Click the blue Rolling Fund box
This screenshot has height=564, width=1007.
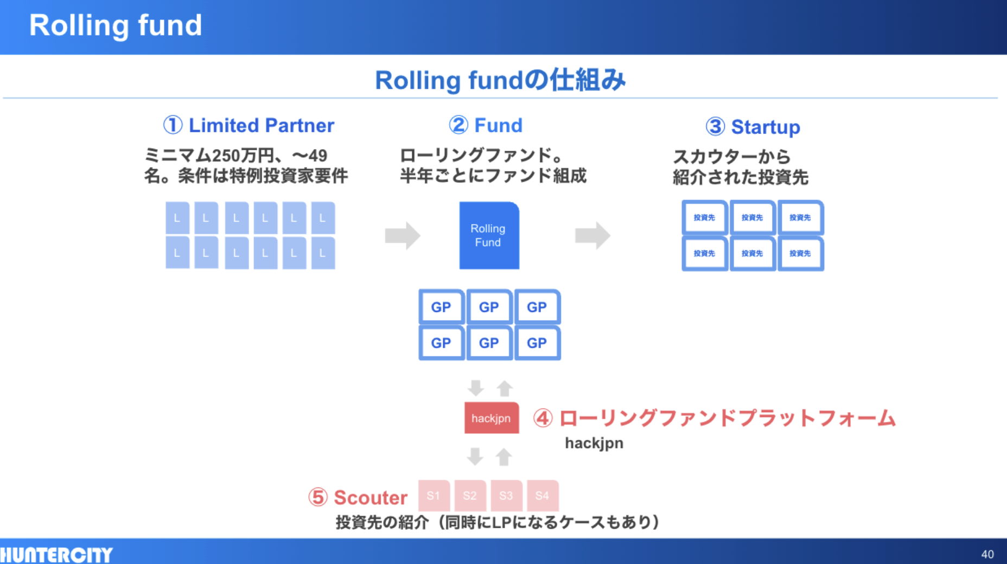pyautogui.click(x=489, y=235)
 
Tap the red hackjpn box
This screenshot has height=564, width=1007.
pyautogui.click(x=491, y=418)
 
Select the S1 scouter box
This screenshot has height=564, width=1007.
pyautogui.click(x=434, y=495)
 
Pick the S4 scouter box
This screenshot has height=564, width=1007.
pyautogui.click(x=542, y=495)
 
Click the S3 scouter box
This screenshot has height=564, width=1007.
pyautogui.click(x=506, y=495)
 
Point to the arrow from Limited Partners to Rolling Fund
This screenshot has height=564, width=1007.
pyautogui.click(x=402, y=235)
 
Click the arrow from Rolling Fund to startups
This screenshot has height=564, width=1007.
pyautogui.click(x=592, y=235)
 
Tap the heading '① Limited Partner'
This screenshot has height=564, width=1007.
pyautogui.click(x=249, y=125)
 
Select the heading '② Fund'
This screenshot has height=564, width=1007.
pyautogui.click(x=486, y=125)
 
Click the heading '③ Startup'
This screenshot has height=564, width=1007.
pyautogui.click(x=753, y=127)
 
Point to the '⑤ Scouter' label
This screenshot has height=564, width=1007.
pyautogui.click(x=358, y=497)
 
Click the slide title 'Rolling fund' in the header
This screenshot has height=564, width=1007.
pyautogui.click(x=116, y=25)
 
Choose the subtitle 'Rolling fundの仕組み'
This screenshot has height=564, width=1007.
pyautogui.click(x=500, y=80)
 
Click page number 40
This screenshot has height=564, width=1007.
pyautogui.click(x=987, y=554)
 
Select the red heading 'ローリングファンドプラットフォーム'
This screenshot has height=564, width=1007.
pyautogui.click(x=726, y=418)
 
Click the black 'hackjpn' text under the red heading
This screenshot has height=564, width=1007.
pyautogui.click(x=594, y=443)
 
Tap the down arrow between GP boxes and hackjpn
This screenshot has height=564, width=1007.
pyautogui.click(x=476, y=388)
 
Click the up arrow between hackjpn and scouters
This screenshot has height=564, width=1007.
pyautogui.click(x=504, y=457)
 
